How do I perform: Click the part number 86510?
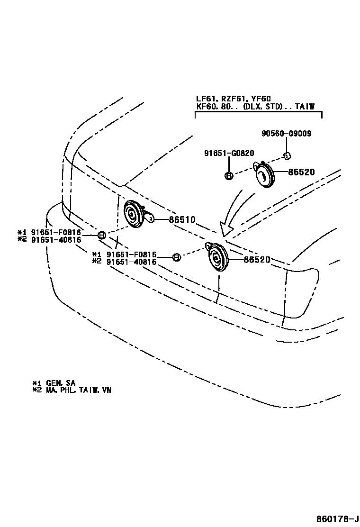click(x=182, y=219)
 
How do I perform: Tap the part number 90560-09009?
click(x=286, y=134)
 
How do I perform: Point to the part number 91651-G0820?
click(x=229, y=153)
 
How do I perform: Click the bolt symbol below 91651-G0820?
click(x=228, y=176)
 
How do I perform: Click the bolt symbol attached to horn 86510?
click(x=101, y=235)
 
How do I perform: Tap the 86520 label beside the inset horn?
click(x=301, y=173)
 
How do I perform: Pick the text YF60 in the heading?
click(x=261, y=99)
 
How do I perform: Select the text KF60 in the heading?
click(x=205, y=107)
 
